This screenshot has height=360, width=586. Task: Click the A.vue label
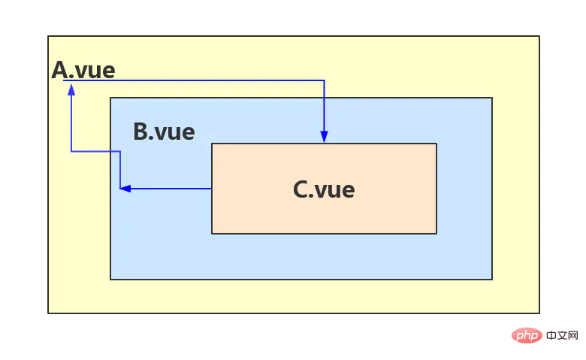point(83,70)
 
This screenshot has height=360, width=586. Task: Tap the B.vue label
point(164,132)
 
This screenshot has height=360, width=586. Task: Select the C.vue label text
point(324,189)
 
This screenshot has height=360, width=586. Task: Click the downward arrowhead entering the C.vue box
point(324,137)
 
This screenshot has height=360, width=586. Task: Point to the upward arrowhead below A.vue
point(71,89)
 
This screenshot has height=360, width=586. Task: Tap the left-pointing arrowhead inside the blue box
point(125,189)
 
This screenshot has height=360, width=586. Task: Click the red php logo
point(527,335)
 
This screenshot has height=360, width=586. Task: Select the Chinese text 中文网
point(562,335)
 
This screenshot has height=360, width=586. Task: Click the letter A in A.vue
point(59,70)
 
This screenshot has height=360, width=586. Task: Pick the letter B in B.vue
point(140,132)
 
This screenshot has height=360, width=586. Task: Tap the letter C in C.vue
point(300,189)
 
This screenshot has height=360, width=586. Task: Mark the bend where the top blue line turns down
point(324,80)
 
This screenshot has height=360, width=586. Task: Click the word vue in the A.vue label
point(95,71)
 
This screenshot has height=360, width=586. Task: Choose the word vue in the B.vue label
point(175,133)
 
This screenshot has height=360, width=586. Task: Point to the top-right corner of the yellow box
point(539,36)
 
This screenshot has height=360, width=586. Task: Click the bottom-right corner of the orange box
point(436,234)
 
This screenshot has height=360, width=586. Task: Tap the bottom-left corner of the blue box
point(110,280)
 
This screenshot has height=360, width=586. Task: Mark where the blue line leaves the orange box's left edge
point(212,189)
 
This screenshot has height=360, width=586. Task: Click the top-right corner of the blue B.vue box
point(492,98)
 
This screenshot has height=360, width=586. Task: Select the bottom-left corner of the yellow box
point(48,313)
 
